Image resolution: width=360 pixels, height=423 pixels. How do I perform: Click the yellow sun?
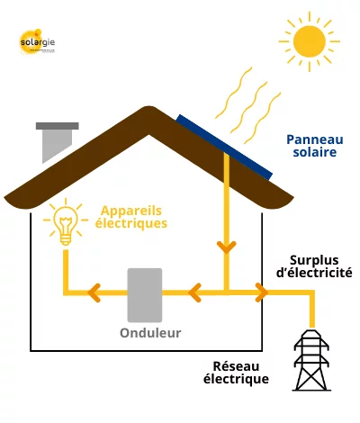point(310,40)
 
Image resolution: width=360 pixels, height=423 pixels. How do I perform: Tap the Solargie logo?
point(37,42)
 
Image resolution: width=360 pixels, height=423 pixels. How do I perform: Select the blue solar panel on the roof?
point(224,146)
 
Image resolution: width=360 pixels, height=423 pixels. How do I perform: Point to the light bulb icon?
point(64,222)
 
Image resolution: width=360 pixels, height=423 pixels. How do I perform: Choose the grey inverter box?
point(145,294)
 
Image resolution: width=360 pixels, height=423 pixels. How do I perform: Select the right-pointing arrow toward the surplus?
point(261,292)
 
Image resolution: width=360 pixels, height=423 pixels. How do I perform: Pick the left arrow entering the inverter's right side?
point(193,292)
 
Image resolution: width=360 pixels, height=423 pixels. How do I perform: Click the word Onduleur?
point(151,333)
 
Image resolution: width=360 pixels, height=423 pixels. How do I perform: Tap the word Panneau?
point(310,139)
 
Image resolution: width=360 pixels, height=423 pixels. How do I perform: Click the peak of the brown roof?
point(148,111)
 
